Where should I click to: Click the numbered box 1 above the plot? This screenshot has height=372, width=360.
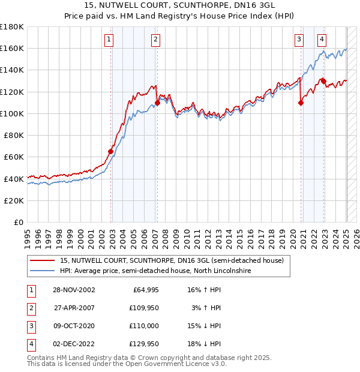tap(109, 40)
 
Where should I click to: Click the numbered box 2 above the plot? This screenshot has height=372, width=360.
tap(155, 40)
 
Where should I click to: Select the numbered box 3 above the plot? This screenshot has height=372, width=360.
tap(299, 40)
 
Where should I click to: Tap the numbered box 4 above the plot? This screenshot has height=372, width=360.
tap(322, 40)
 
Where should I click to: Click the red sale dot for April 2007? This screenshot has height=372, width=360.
tap(157, 103)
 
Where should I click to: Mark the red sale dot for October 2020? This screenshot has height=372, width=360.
tap(301, 103)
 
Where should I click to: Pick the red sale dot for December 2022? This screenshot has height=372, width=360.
tap(323, 81)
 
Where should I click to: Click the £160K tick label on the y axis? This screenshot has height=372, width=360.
tap(12, 48)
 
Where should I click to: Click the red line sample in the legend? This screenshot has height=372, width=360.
tap(41, 260)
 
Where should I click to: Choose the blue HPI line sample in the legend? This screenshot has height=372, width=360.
tap(41, 271)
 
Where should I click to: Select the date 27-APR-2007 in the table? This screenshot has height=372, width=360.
tap(75, 308)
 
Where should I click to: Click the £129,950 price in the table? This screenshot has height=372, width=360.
tap(144, 344)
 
